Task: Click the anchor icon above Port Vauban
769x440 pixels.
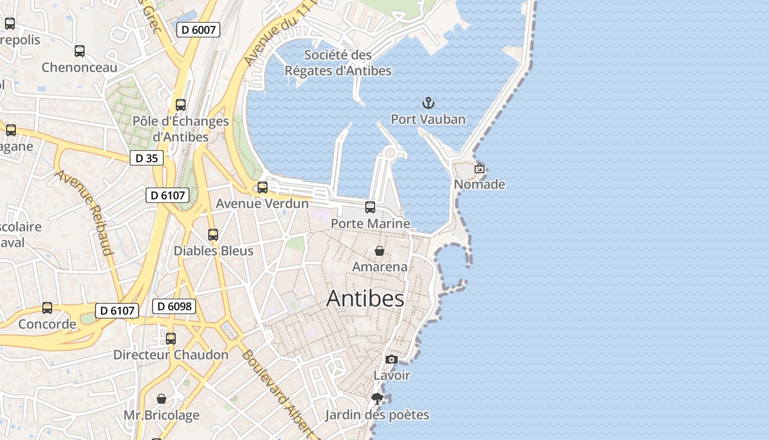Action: tap(428, 103)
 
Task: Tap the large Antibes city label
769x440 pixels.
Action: tap(365, 299)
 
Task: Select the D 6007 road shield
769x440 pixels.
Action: tap(198, 30)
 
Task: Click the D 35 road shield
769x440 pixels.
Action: tap(147, 158)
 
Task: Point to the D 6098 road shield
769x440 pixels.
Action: tap(174, 306)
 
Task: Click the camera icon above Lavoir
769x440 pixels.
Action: tap(391, 360)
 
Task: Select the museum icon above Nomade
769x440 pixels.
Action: tap(480, 168)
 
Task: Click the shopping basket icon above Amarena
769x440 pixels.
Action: tap(379, 251)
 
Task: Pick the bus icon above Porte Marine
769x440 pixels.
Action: tap(370, 207)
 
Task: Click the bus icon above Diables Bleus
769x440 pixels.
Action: tap(213, 235)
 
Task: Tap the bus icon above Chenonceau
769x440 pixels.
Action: tap(80, 51)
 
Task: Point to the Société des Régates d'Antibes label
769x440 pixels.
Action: tap(338, 63)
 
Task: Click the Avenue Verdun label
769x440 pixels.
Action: tap(262, 204)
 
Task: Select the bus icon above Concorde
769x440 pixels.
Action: tap(47, 308)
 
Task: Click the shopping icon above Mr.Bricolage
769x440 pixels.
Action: tap(161, 399)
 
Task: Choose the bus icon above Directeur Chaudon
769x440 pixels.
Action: tap(171, 339)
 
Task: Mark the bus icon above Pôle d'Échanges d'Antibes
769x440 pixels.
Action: tap(181, 105)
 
